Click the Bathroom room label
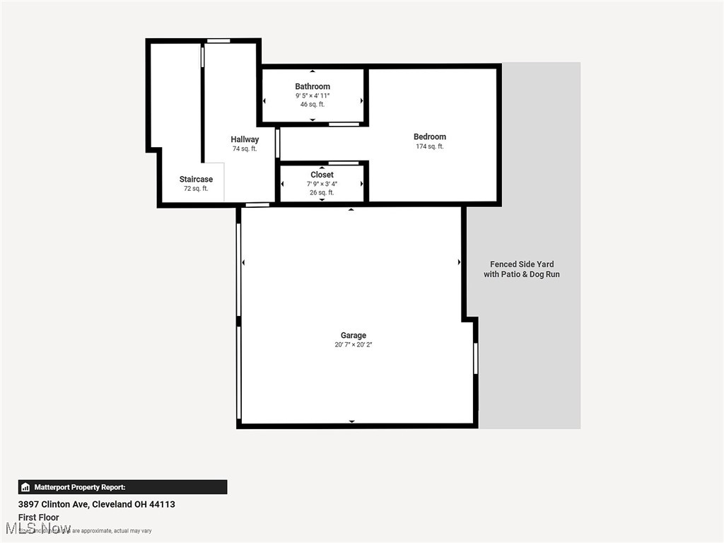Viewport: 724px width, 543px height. point(313,86)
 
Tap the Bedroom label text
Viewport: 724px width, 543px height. point(430,136)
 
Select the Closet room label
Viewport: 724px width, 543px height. point(322,175)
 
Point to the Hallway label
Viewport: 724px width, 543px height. point(245,139)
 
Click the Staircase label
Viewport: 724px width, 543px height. point(196,179)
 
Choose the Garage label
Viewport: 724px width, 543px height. point(354,335)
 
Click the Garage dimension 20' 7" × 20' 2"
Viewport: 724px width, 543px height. point(354,344)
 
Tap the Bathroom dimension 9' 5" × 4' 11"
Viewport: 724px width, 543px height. point(313,95)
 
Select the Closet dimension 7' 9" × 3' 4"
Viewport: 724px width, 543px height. point(322,184)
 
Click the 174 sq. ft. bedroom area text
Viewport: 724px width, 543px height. point(430,146)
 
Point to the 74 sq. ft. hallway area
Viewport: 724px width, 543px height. point(245,149)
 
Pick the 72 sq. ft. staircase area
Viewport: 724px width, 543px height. point(196,189)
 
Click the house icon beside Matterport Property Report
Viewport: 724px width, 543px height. point(25,487)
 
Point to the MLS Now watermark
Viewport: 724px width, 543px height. point(39,528)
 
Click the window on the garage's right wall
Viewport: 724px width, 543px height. point(476,358)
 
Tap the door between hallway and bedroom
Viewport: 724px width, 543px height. point(278,143)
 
